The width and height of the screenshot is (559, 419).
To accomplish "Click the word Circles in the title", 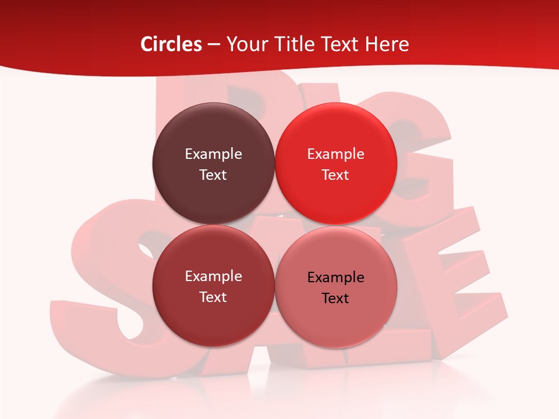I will click(171, 44).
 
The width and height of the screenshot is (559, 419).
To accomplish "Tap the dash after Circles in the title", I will click(214, 45).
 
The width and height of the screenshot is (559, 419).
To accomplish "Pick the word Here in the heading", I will click(387, 44).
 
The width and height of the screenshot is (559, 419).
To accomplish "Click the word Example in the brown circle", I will click(213, 154).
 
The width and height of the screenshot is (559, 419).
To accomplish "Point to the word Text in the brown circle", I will click(213, 175).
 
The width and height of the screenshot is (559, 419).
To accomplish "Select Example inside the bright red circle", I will click(335, 154).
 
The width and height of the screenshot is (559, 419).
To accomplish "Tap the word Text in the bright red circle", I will click(335, 175).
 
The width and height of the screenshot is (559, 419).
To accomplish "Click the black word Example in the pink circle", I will click(335, 278).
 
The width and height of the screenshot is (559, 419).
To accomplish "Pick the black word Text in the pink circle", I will click(335, 299).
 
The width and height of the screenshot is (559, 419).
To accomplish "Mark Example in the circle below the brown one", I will click(213, 276).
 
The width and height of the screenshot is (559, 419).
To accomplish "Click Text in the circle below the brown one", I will click(213, 297).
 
